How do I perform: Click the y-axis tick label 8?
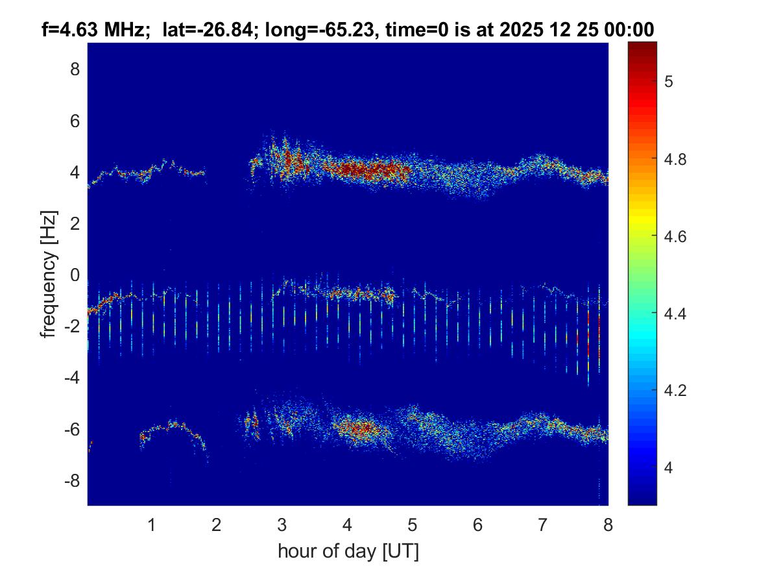pos(75,69)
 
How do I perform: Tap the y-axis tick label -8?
pos(72,481)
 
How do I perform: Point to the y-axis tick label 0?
pos(75,275)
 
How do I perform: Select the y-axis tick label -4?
pos(72,378)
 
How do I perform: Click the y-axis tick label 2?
pos(75,224)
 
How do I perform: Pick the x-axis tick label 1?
pos(151,525)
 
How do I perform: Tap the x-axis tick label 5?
pos(412,525)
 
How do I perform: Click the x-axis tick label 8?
pos(607,525)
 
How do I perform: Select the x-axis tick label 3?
pos(282,525)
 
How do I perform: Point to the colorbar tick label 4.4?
pos(675,314)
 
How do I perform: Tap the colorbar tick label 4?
pos(669,468)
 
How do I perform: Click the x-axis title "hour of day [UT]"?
pos(348,552)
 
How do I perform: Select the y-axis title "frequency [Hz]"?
pos(49,275)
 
